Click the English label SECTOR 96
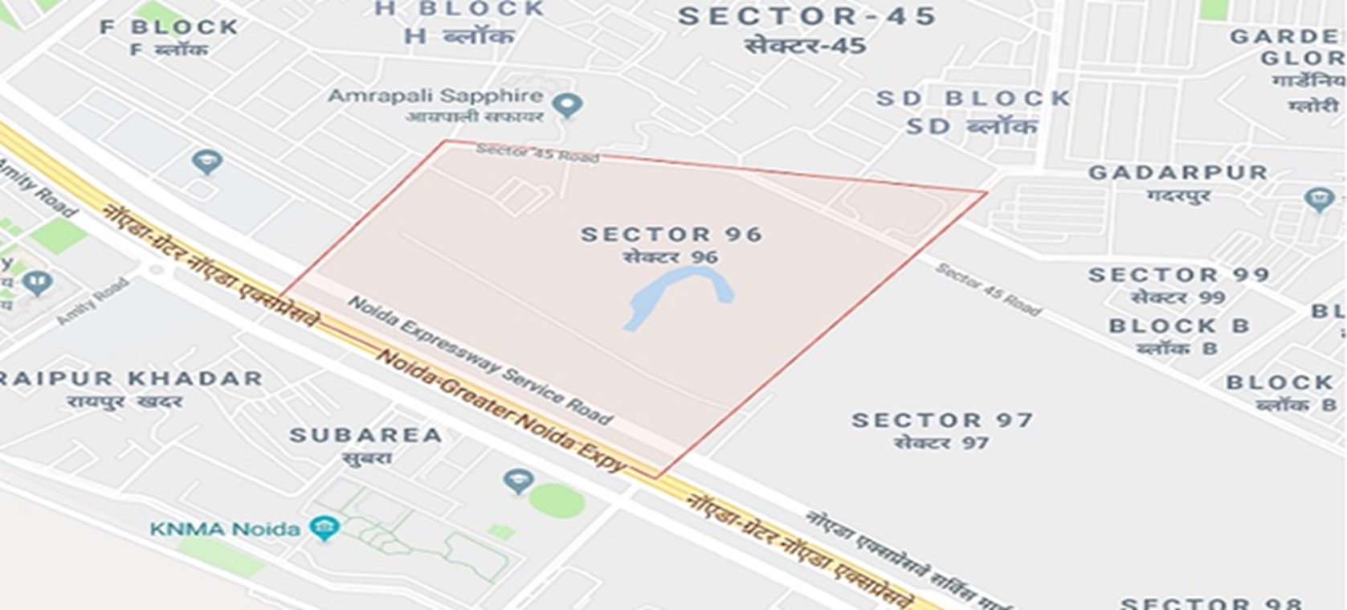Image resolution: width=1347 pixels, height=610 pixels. (x=671, y=235)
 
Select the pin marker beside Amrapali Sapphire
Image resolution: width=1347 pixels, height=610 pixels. (x=569, y=104)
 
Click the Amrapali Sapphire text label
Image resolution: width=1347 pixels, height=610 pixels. (x=435, y=96)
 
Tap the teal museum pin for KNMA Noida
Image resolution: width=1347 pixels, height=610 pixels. (x=325, y=527)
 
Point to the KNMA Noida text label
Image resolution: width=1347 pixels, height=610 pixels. (x=225, y=529)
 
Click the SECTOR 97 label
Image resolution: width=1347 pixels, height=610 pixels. (x=942, y=420)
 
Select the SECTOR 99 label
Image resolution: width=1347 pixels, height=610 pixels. (x=1178, y=275)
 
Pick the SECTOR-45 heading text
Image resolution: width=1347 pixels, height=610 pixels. (x=807, y=17)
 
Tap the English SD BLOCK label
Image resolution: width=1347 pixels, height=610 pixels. (x=974, y=99)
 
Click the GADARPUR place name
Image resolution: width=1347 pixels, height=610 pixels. (x=1178, y=173)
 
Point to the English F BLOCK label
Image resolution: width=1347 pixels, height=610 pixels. (x=169, y=27)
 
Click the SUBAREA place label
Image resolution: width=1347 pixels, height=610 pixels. (x=365, y=436)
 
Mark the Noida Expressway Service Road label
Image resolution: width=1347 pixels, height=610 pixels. (x=480, y=359)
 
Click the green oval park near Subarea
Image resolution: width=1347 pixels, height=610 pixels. (x=556, y=502)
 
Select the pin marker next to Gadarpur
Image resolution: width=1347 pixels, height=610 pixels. (x=1318, y=199)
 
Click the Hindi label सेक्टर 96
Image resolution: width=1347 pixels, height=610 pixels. (x=671, y=257)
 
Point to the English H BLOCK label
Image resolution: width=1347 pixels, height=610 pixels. (x=459, y=10)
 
